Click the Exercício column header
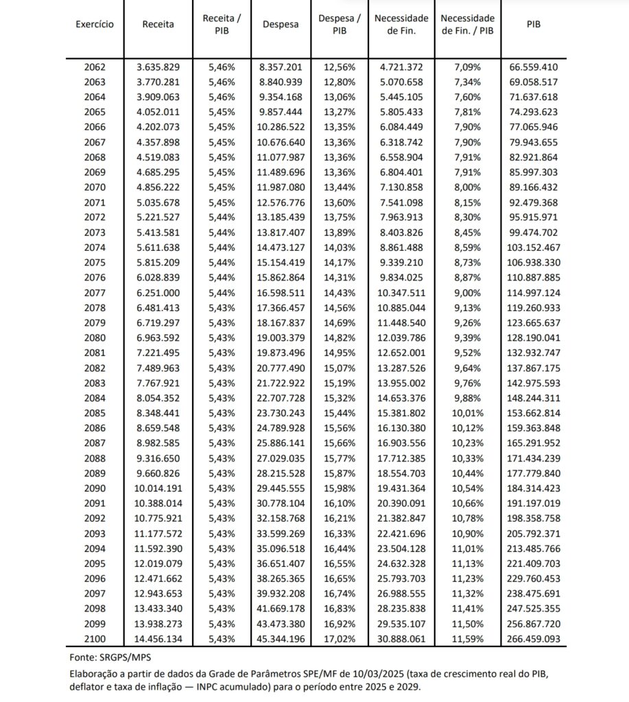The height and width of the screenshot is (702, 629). tap(95, 24)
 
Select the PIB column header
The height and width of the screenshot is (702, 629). tap(533, 24)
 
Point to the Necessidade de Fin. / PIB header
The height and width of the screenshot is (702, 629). tap(468, 24)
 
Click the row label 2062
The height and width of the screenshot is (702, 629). tap(95, 67)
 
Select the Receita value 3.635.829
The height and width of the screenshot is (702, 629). tap(158, 67)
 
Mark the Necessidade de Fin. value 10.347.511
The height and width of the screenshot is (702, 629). tap(401, 292)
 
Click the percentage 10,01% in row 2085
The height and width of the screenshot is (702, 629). tap(468, 412)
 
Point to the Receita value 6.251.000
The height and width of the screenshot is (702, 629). tap(158, 292)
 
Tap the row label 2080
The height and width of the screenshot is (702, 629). tap(95, 337)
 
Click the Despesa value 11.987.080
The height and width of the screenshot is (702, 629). tap(281, 187)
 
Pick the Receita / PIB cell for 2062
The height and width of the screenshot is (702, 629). tap(222, 67)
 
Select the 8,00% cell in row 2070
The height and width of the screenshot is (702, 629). tap(468, 187)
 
